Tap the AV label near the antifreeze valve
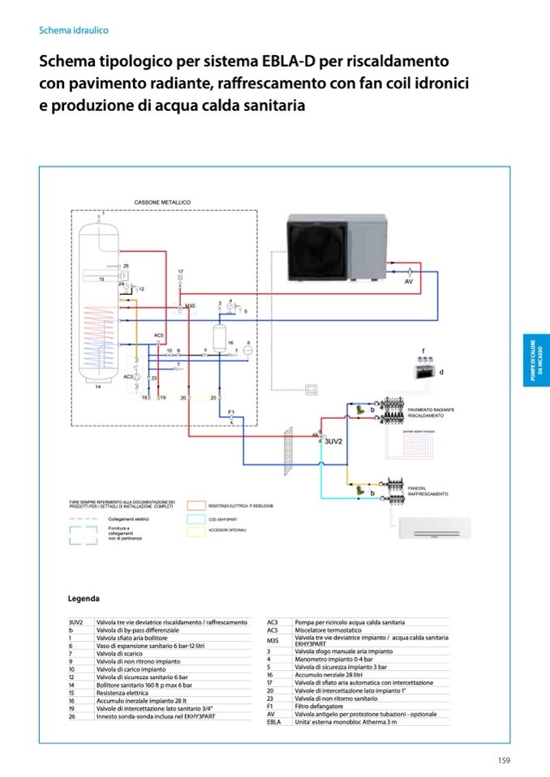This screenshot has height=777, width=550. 409,280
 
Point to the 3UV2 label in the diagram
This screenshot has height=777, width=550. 334,442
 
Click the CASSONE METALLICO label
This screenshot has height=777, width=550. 161,202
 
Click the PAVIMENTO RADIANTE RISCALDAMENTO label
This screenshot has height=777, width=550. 428,412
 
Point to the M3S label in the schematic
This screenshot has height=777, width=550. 190,305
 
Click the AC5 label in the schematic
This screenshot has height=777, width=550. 159,335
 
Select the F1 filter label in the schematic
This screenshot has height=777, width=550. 231,412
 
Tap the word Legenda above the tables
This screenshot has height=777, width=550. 84,599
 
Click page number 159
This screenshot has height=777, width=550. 503,759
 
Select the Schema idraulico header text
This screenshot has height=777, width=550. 74,30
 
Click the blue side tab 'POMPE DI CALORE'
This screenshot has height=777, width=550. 535,361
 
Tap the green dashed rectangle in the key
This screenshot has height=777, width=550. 84,536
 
